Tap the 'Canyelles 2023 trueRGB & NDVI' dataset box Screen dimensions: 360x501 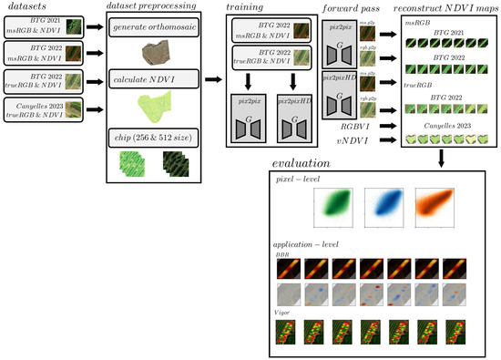(x=45, y=110)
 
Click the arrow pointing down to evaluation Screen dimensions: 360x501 (x=440, y=158)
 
